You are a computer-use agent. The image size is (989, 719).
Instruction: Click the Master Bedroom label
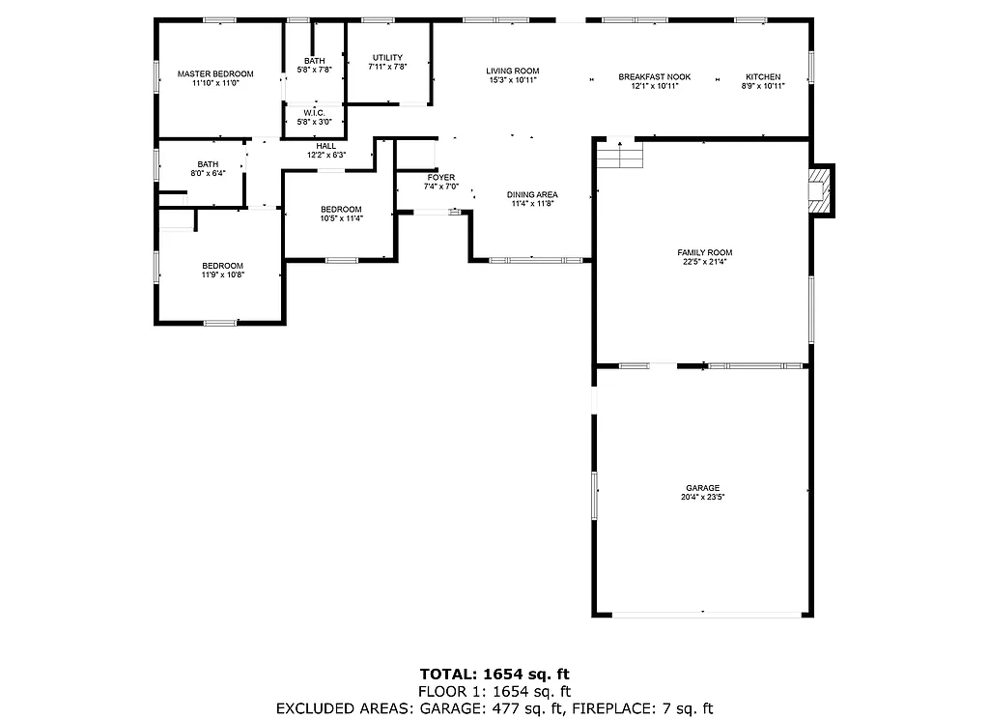(x=215, y=74)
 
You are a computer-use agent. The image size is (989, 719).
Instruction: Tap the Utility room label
(x=385, y=58)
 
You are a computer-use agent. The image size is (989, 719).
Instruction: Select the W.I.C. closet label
(x=314, y=112)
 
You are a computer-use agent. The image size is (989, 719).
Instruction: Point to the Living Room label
(x=512, y=72)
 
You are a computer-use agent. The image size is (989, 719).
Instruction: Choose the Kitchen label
(x=763, y=77)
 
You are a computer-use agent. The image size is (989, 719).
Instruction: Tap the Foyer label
(x=440, y=178)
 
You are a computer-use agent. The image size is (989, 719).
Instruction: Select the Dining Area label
(x=533, y=195)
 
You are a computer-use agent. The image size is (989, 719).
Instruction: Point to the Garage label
(x=703, y=488)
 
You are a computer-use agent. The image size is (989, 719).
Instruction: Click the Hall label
(x=326, y=146)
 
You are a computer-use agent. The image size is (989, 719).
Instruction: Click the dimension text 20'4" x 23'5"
(x=703, y=498)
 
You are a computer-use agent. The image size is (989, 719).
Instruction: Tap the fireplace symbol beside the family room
(x=819, y=190)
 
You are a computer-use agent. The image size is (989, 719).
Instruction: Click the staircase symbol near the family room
(x=619, y=155)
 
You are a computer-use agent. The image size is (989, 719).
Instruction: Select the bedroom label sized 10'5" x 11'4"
(x=341, y=210)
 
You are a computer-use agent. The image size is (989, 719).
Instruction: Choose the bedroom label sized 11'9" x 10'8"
(x=222, y=266)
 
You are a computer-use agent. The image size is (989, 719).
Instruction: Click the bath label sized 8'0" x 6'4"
(x=208, y=164)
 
